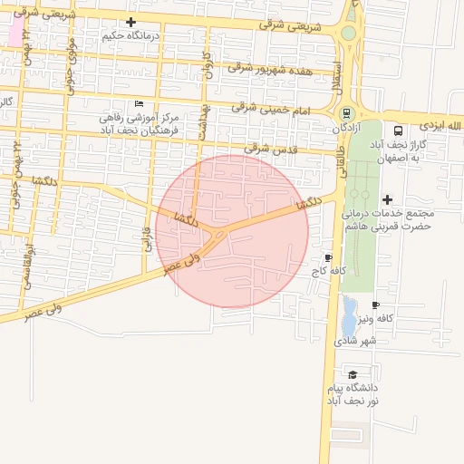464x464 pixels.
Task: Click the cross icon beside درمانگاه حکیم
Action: pos(131,22)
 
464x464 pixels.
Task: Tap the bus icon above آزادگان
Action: pos(346,113)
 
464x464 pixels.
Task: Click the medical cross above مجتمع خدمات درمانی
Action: pos(388,199)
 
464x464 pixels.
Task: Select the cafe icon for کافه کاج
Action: pos(327,257)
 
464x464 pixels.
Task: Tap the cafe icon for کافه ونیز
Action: pos(375,304)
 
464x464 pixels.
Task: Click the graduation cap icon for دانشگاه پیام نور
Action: pos(352,373)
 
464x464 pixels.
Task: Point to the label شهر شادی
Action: pos(355,341)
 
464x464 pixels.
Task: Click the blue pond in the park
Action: pos(349,317)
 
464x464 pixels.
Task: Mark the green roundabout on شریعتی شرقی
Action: pos(348,34)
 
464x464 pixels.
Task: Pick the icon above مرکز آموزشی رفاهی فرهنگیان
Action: pos(138,104)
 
